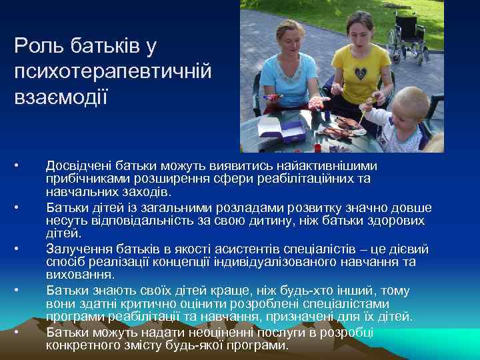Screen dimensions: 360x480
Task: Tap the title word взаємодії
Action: [x=60, y=94]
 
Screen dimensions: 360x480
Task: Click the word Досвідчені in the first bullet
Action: [x=78, y=166]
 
